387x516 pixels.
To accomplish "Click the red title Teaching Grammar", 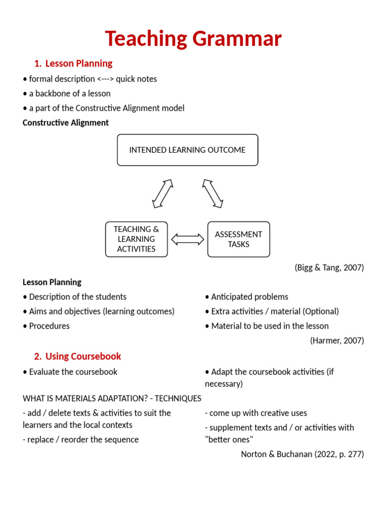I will pos(193,39).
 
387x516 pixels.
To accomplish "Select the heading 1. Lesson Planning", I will pos(73,63).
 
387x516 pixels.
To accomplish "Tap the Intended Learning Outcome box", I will pos(187,150).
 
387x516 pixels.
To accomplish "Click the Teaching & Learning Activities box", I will pos(136,239).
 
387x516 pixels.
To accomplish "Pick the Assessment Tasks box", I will pos(238,239).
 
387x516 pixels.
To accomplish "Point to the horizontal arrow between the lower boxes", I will pos(187,239).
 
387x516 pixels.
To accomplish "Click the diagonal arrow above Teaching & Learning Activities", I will pos(163,193).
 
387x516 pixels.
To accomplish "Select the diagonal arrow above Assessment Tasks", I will pos(213,193).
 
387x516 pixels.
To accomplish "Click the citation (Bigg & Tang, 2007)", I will pos(329,268).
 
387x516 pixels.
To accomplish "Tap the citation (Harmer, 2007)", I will pos(337,341).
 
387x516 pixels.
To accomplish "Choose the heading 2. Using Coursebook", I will pos(78,356).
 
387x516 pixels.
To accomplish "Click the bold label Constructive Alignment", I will pos(66,122).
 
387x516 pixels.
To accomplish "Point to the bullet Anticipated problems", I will pos(247,297).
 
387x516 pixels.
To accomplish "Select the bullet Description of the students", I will pos(75,297).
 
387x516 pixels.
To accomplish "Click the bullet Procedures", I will pos(46,326).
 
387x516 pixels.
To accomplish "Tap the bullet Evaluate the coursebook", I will pos(70,372).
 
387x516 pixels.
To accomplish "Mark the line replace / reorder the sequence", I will pos(81,439).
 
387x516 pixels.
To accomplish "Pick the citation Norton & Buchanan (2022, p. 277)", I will pos(302,454).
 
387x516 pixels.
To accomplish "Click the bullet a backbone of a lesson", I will pos(67,93).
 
